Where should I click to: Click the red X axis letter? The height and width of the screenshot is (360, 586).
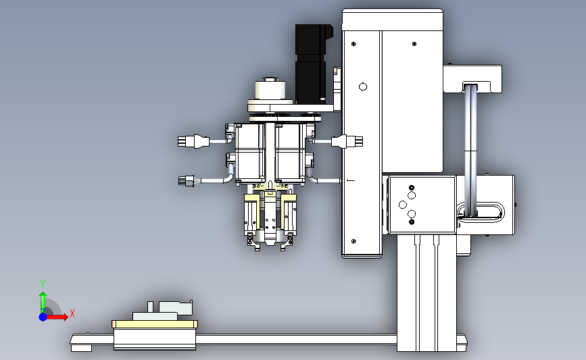click(x=72, y=313)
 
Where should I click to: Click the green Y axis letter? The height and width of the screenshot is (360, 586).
click(x=43, y=284)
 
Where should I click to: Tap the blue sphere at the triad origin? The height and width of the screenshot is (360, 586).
click(x=43, y=317)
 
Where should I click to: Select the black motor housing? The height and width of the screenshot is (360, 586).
click(x=313, y=63)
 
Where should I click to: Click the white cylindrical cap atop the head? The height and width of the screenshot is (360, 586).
click(x=270, y=90)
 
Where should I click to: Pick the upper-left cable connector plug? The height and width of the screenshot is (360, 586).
click(x=193, y=142)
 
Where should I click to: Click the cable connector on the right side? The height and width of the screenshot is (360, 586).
click(x=347, y=142)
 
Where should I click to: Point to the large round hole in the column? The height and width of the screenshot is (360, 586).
click(x=362, y=87)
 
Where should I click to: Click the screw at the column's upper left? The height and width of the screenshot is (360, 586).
click(x=354, y=44)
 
